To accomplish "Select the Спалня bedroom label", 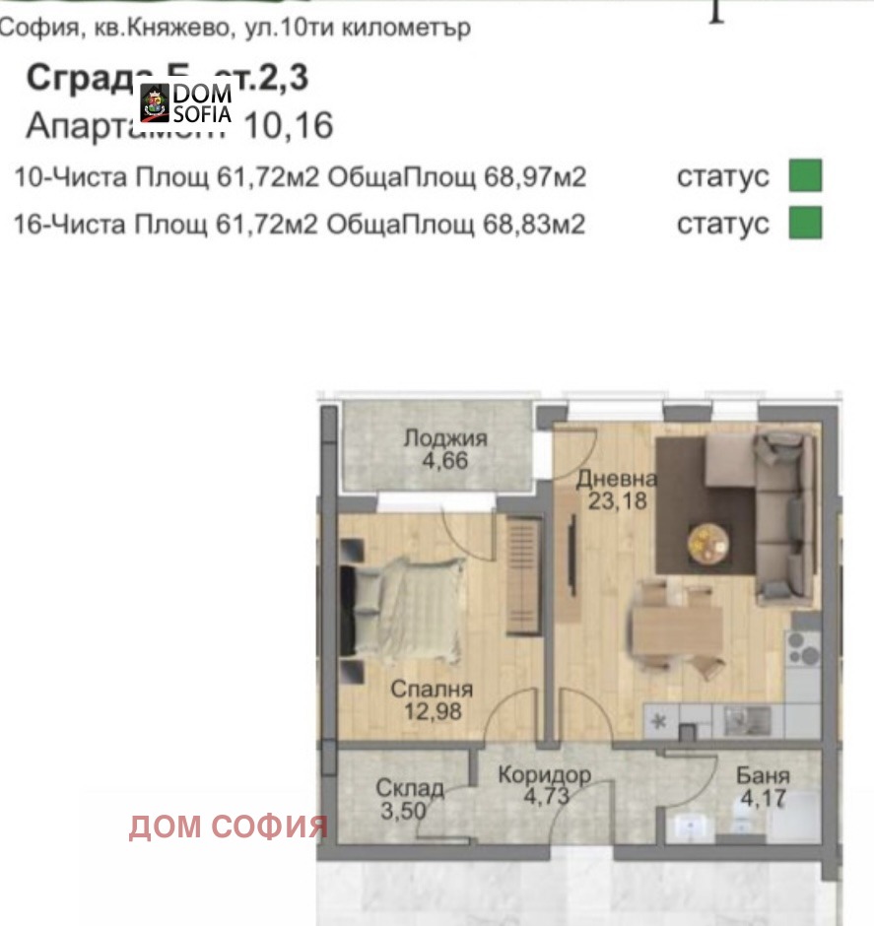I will [x=432, y=689].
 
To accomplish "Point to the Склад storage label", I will [x=409, y=789].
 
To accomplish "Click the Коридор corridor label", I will [x=544, y=775].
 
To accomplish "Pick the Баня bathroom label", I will [x=762, y=775].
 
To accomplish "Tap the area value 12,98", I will [x=431, y=710].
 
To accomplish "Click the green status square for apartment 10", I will [x=804, y=177].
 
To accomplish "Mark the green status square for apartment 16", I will [x=804, y=223].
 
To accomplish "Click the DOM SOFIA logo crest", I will [x=156, y=101].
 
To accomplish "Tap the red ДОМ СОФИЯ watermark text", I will [x=228, y=827].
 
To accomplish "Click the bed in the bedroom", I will [x=404, y=611].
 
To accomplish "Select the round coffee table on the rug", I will [x=708, y=540].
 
